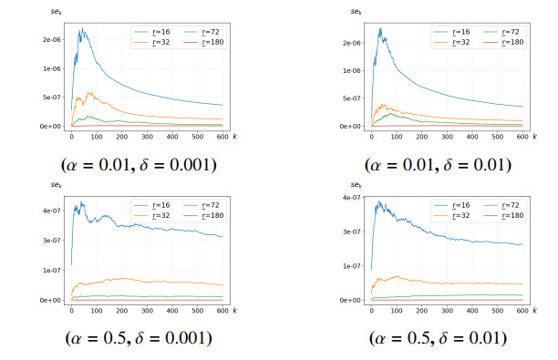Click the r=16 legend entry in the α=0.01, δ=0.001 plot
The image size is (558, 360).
tap(151, 32)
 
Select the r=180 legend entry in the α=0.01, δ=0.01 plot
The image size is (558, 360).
tap(503, 42)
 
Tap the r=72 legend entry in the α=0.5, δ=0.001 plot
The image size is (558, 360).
tap(201, 205)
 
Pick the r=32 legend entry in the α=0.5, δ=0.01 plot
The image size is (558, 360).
tap(451, 216)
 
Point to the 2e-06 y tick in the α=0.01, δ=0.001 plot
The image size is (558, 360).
tap(52, 40)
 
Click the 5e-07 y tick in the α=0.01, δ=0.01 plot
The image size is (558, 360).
tap(351, 98)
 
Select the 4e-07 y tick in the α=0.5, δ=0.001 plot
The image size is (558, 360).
tap(52, 211)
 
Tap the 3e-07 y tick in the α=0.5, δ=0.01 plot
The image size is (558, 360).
tap(351, 231)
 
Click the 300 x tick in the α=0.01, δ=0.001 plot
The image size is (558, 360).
tap(147, 137)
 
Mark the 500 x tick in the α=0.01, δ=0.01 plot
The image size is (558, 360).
tap(498, 137)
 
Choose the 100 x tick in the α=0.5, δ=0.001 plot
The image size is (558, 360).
tap(97, 311)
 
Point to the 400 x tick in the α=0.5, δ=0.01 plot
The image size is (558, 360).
tap(472, 311)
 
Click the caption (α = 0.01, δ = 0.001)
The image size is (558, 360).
tap(139, 165)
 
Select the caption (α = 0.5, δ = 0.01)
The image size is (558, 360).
tap(438, 338)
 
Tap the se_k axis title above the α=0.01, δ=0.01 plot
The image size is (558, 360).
tap(356, 11)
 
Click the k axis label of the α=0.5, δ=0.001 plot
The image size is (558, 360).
tap(235, 310)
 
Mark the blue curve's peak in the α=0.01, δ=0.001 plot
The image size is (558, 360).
tap(83, 27)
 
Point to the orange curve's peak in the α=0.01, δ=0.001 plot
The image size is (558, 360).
tap(88, 92)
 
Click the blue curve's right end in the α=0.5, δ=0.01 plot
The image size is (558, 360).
tap(522, 244)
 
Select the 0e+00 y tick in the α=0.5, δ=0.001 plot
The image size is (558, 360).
tap(50, 300)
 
